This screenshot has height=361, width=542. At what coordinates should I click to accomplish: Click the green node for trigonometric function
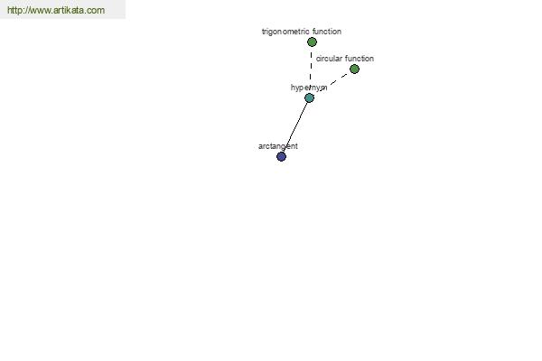(x=312, y=42)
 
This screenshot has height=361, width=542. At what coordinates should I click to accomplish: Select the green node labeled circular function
(x=354, y=69)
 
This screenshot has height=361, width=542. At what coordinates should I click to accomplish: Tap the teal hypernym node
(x=309, y=98)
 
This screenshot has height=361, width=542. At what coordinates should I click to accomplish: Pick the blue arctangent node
(x=281, y=157)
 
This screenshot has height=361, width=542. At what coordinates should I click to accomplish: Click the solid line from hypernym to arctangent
(x=295, y=127)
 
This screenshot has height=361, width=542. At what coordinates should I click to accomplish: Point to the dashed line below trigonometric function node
(x=311, y=66)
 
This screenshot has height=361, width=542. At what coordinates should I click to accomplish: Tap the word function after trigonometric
(x=327, y=32)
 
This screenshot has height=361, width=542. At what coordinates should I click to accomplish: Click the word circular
(x=329, y=59)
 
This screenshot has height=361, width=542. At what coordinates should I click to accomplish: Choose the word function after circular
(x=360, y=59)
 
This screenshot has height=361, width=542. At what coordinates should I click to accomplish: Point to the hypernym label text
(x=309, y=88)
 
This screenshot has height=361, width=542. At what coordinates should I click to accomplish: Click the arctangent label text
(x=278, y=146)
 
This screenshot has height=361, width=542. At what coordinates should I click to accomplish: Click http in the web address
(x=14, y=10)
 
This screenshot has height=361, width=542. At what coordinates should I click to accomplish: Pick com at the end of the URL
(x=96, y=11)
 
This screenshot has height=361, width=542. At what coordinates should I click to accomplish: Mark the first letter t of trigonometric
(x=263, y=32)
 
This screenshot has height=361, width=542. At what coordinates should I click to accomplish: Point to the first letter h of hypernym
(x=293, y=88)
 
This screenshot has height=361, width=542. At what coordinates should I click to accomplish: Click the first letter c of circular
(x=318, y=59)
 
